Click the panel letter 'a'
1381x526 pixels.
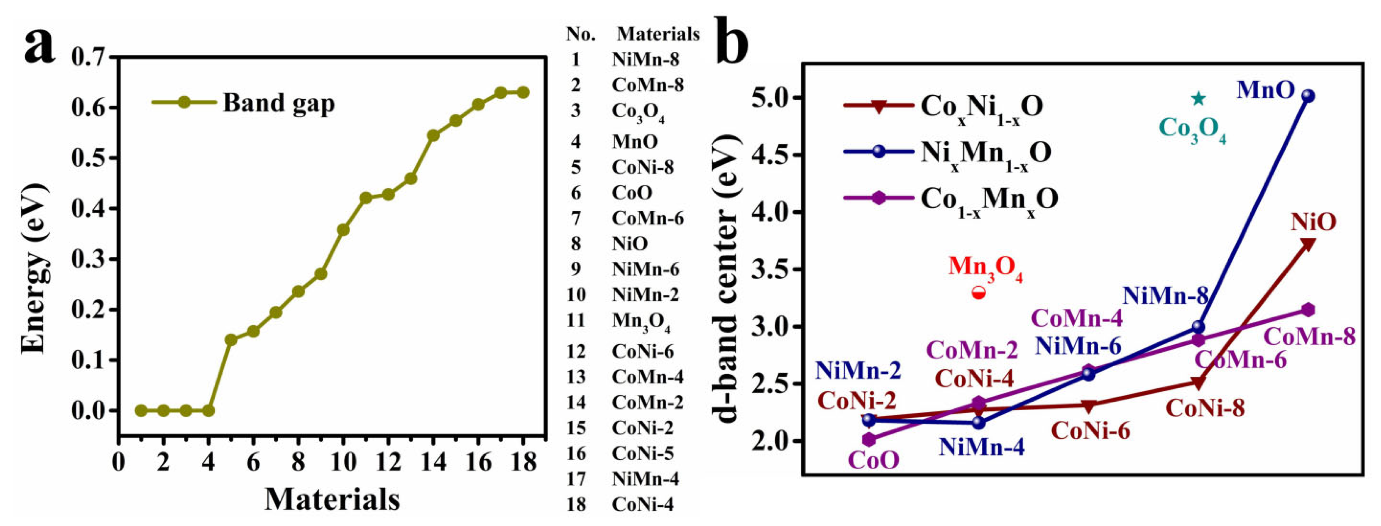click(40, 46)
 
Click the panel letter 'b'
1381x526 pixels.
click(733, 40)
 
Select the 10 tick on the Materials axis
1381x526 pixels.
click(343, 462)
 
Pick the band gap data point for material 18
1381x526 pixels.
click(523, 93)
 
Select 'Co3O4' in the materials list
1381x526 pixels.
click(638, 112)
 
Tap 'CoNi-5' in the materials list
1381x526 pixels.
click(642, 454)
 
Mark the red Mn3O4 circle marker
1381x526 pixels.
click(979, 293)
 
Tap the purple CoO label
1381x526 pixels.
click(873, 460)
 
